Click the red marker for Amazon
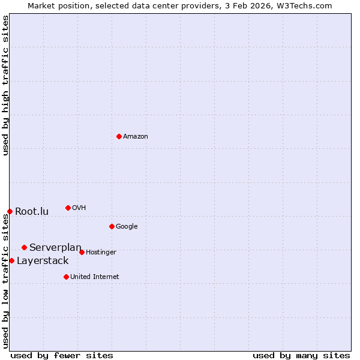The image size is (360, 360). click(x=119, y=136)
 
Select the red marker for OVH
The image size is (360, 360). click(x=68, y=208)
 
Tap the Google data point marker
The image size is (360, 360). click(x=112, y=226)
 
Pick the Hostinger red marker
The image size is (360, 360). click(x=82, y=252)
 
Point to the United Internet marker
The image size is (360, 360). click(x=66, y=277)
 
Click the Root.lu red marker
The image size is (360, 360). click(x=10, y=211)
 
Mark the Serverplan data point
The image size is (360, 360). click(x=24, y=247)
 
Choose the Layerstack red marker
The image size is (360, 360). click(x=11, y=260)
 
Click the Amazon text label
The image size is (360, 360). click(x=136, y=137)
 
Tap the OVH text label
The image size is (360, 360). click(x=79, y=208)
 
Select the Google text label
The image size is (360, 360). click(x=127, y=227)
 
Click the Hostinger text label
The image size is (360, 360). click(x=101, y=253)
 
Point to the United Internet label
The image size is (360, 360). click(x=95, y=277)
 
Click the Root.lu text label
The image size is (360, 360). click(x=32, y=211)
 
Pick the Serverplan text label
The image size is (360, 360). click(x=55, y=247)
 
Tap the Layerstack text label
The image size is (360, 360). click(x=43, y=260)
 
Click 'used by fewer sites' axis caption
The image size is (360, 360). click(x=62, y=355)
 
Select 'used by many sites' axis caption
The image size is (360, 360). click(x=301, y=355)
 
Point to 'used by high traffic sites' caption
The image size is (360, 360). click(x=5, y=85)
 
